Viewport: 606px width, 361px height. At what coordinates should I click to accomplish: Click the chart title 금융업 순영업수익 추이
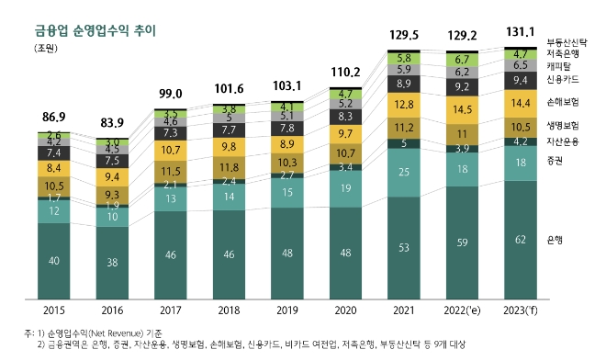(90, 30)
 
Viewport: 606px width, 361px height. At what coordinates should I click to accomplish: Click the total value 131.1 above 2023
(522, 32)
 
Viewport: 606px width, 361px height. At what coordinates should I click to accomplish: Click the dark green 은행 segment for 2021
(405, 247)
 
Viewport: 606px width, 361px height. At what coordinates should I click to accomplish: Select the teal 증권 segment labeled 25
(405, 172)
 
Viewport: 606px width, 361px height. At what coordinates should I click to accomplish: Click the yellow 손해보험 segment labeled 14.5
(463, 108)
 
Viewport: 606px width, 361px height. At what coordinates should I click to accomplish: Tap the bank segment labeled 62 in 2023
(522, 239)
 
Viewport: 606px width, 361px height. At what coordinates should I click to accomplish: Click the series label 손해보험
(561, 102)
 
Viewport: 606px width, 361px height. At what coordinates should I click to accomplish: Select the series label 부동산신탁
(567, 41)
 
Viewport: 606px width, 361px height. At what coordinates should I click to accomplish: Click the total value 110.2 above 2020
(346, 70)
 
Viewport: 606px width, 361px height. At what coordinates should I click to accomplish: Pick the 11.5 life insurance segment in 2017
(171, 171)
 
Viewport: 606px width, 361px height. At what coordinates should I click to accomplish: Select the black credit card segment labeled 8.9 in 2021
(405, 84)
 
